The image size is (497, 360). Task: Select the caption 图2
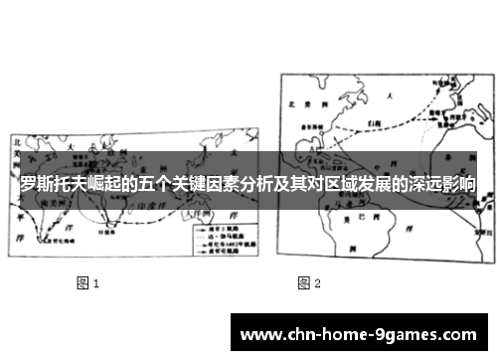click(309, 283)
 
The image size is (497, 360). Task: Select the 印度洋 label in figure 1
click(159, 210)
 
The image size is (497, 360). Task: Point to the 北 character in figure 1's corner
click(18, 142)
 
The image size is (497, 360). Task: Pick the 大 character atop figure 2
click(390, 94)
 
